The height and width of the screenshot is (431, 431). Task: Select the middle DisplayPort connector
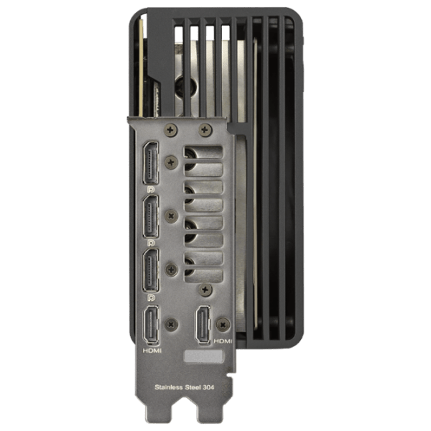150,216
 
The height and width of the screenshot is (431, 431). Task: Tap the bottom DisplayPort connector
150,270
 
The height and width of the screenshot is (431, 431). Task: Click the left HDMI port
151,325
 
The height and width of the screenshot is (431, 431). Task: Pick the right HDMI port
203,325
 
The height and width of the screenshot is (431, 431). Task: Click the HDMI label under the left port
152,351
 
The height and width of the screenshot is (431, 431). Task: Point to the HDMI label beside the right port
223,341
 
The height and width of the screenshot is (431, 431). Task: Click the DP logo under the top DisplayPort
151,190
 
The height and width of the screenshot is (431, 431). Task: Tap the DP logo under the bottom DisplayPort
151,297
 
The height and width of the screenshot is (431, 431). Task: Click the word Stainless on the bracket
169,387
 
